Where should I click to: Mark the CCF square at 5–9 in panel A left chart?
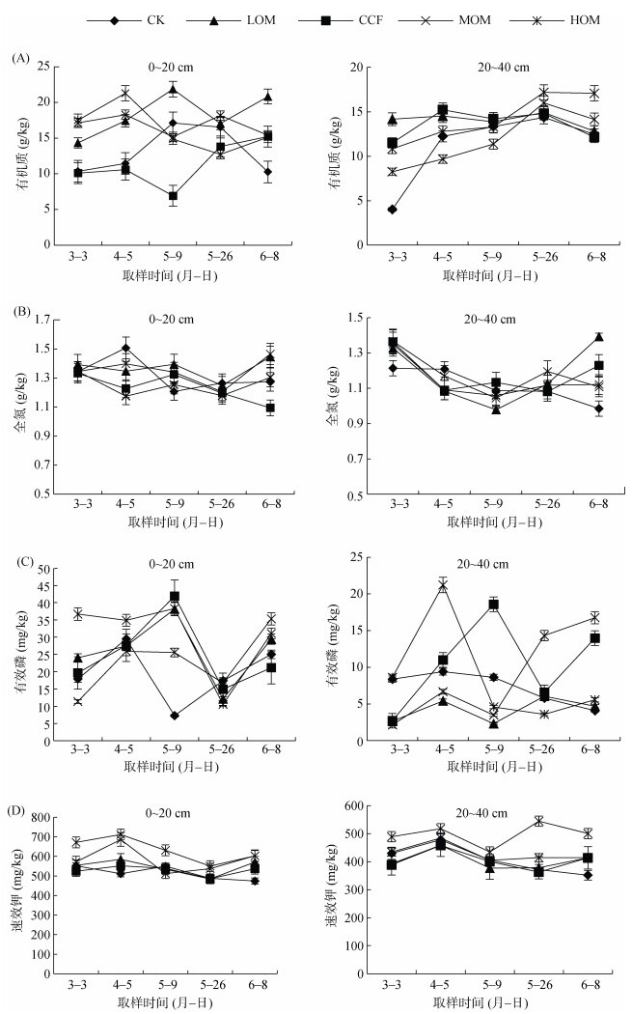[173, 195]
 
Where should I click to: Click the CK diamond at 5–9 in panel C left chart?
[173, 716]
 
